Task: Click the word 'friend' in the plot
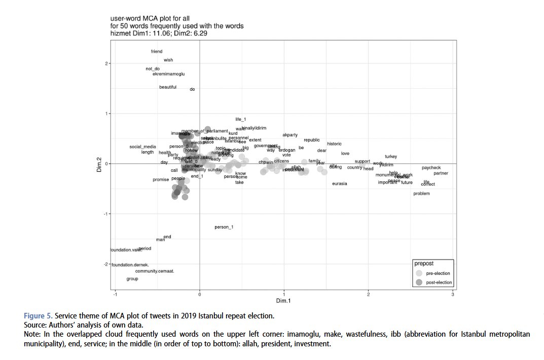[x=156, y=51]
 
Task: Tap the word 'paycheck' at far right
[x=431, y=168]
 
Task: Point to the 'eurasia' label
[x=340, y=184]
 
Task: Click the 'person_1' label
[x=224, y=227]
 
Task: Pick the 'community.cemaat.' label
[x=155, y=271]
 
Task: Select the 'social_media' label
[x=142, y=147]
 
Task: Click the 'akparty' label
[x=290, y=135]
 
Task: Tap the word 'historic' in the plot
[x=334, y=144]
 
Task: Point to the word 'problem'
[x=421, y=194]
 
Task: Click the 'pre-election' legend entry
[x=438, y=273]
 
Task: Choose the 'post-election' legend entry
[x=439, y=282]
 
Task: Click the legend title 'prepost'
[x=424, y=264]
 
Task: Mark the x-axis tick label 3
[x=452, y=295]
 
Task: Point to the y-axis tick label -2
[x=107, y=264]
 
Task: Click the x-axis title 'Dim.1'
[x=283, y=301]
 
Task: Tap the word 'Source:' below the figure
[x=36, y=325]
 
